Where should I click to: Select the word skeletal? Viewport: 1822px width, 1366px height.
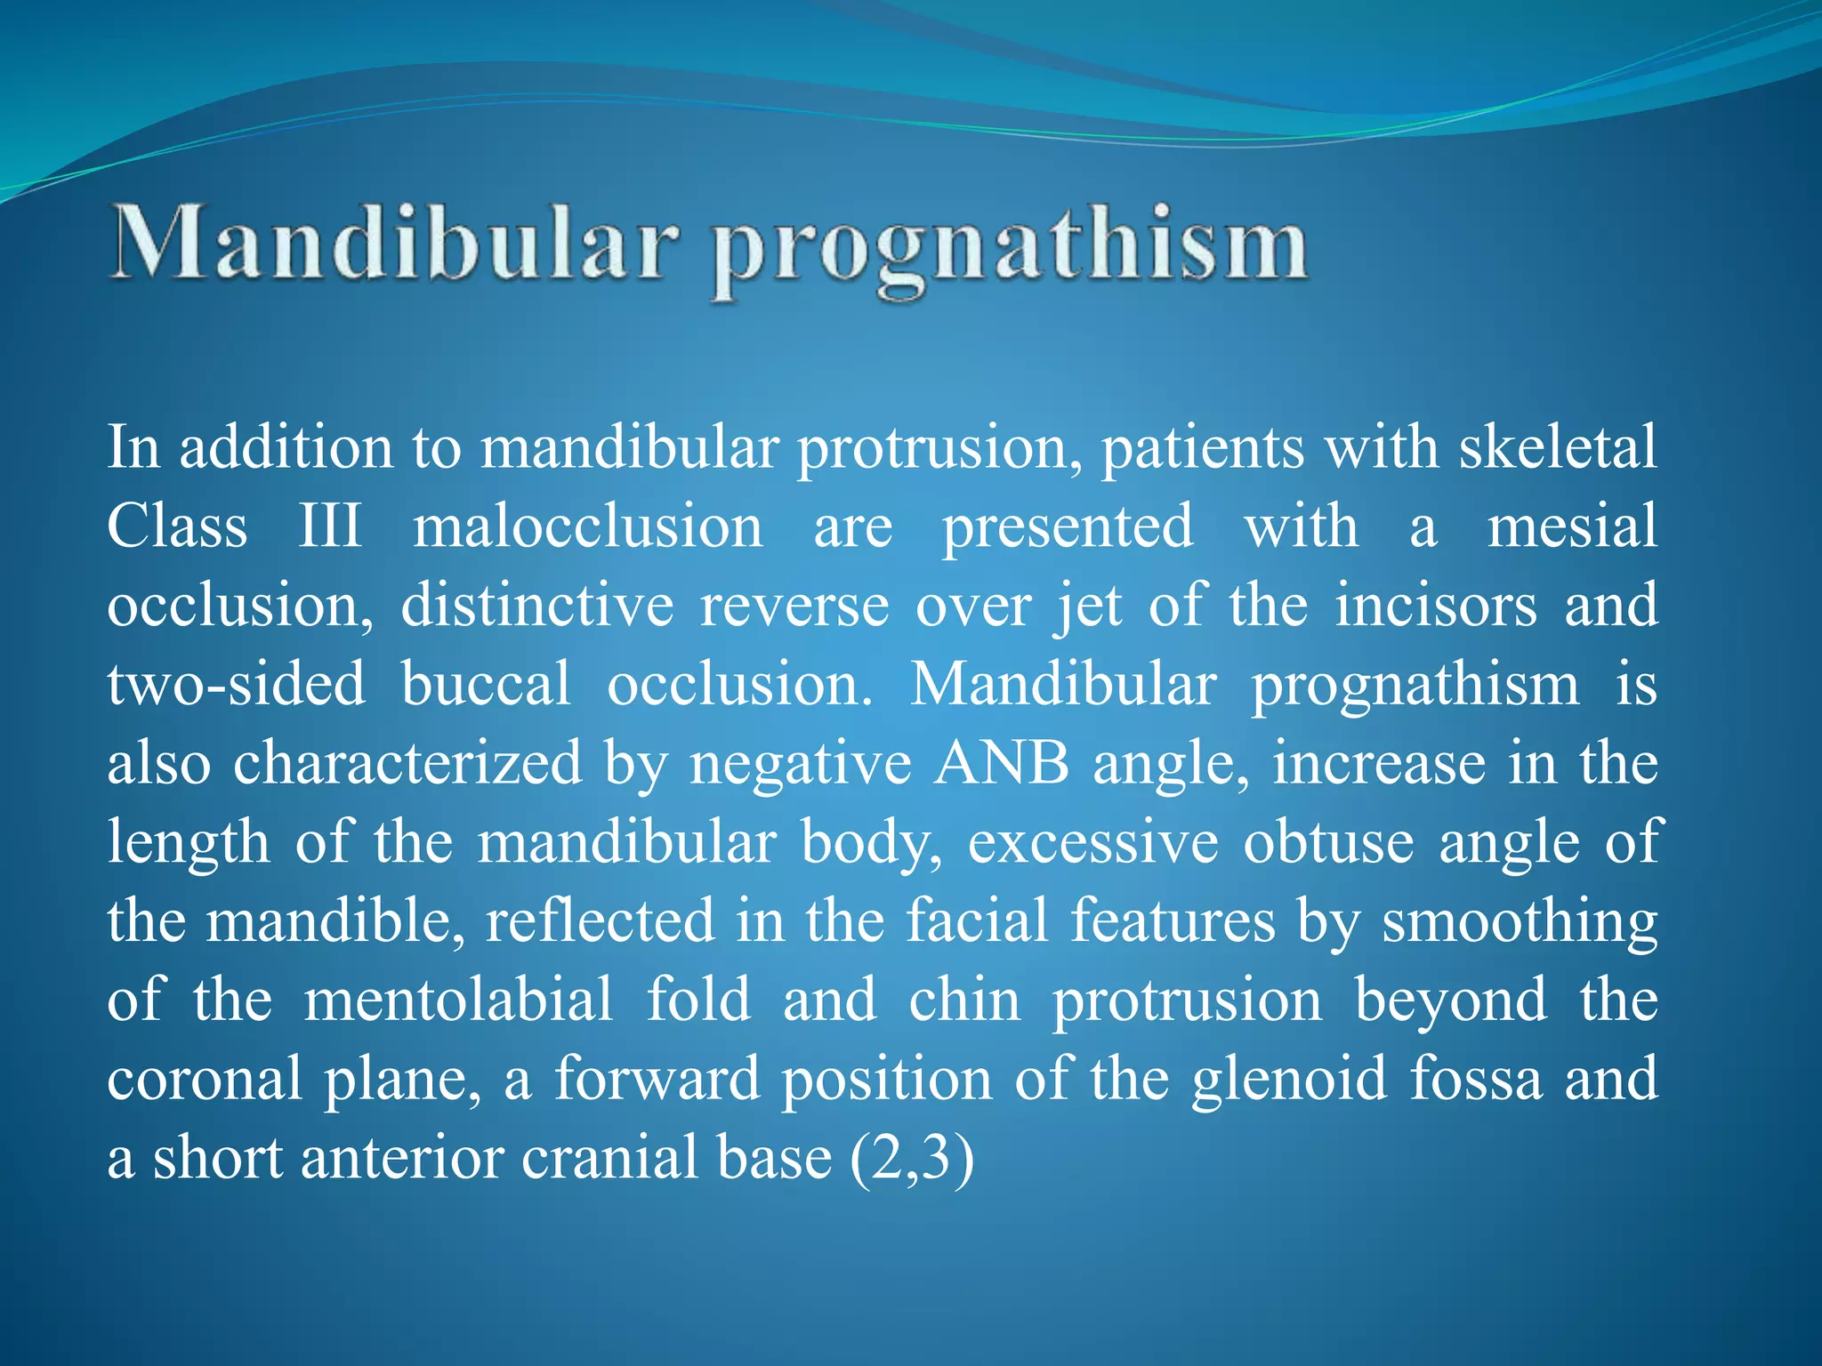pyautogui.click(x=1557, y=446)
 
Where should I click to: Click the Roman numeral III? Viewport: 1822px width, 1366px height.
pyautogui.click(x=330, y=526)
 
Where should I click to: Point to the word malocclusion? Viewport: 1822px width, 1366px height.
pyautogui.click(x=587, y=526)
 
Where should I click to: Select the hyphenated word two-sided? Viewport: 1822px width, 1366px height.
pyautogui.click(x=237, y=684)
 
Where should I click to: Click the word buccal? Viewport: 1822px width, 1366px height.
pyautogui.click(x=486, y=684)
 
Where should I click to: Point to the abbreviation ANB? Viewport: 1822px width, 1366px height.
pyautogui.click(x=1001, y=763)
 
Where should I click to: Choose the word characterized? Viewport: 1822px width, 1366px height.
pyautogui.click(x=407, y=763)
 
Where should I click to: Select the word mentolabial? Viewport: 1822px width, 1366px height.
pyautogui.click(x=459, y=1000)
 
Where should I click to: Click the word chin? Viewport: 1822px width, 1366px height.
pyautogui.click(x=964, y=1000)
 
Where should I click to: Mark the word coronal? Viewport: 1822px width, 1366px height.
pyautogui.click(x=205, y=1079)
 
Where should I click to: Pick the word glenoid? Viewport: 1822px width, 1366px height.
pyautogui.click(x=1289, y=1079)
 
